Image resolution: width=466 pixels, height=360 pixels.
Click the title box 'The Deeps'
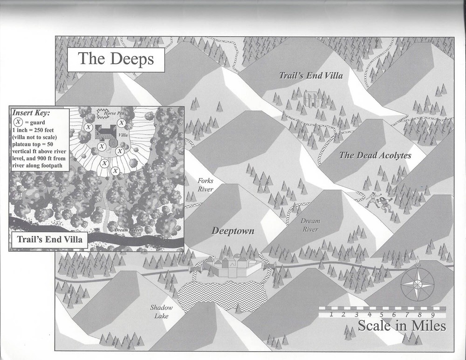point(115,59)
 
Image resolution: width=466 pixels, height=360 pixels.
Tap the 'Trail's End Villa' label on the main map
point(311,75)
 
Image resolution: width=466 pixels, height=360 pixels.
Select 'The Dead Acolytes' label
point(375,156)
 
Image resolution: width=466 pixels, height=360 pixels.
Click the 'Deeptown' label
point(233,231)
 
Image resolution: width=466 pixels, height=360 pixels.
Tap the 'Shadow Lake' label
point(161,312)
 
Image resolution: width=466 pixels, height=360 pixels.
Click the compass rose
point(417,285)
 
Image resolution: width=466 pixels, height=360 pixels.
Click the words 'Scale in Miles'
point(402,326)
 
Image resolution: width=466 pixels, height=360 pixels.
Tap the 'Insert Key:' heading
point(31,113)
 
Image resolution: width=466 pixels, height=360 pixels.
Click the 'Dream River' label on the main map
point(310,225)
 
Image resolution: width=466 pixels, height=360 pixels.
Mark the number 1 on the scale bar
point(331,314)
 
